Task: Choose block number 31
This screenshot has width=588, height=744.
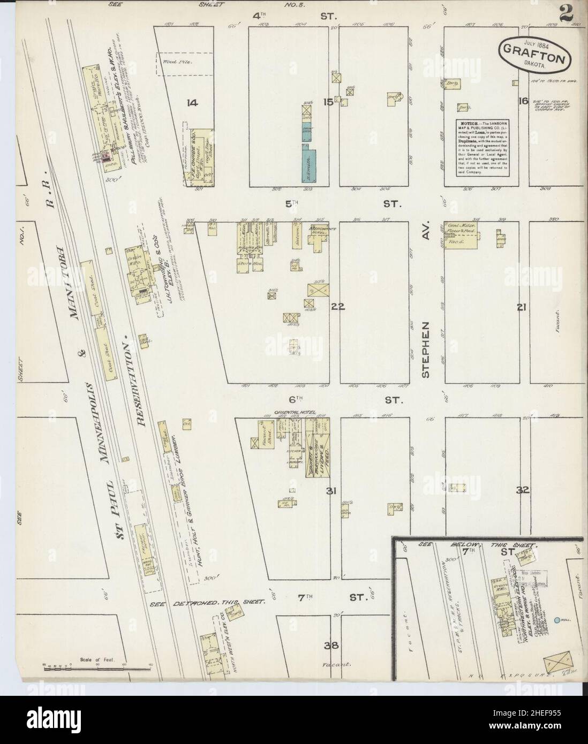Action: coord(331,490)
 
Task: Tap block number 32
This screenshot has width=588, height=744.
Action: coord(523,490)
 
